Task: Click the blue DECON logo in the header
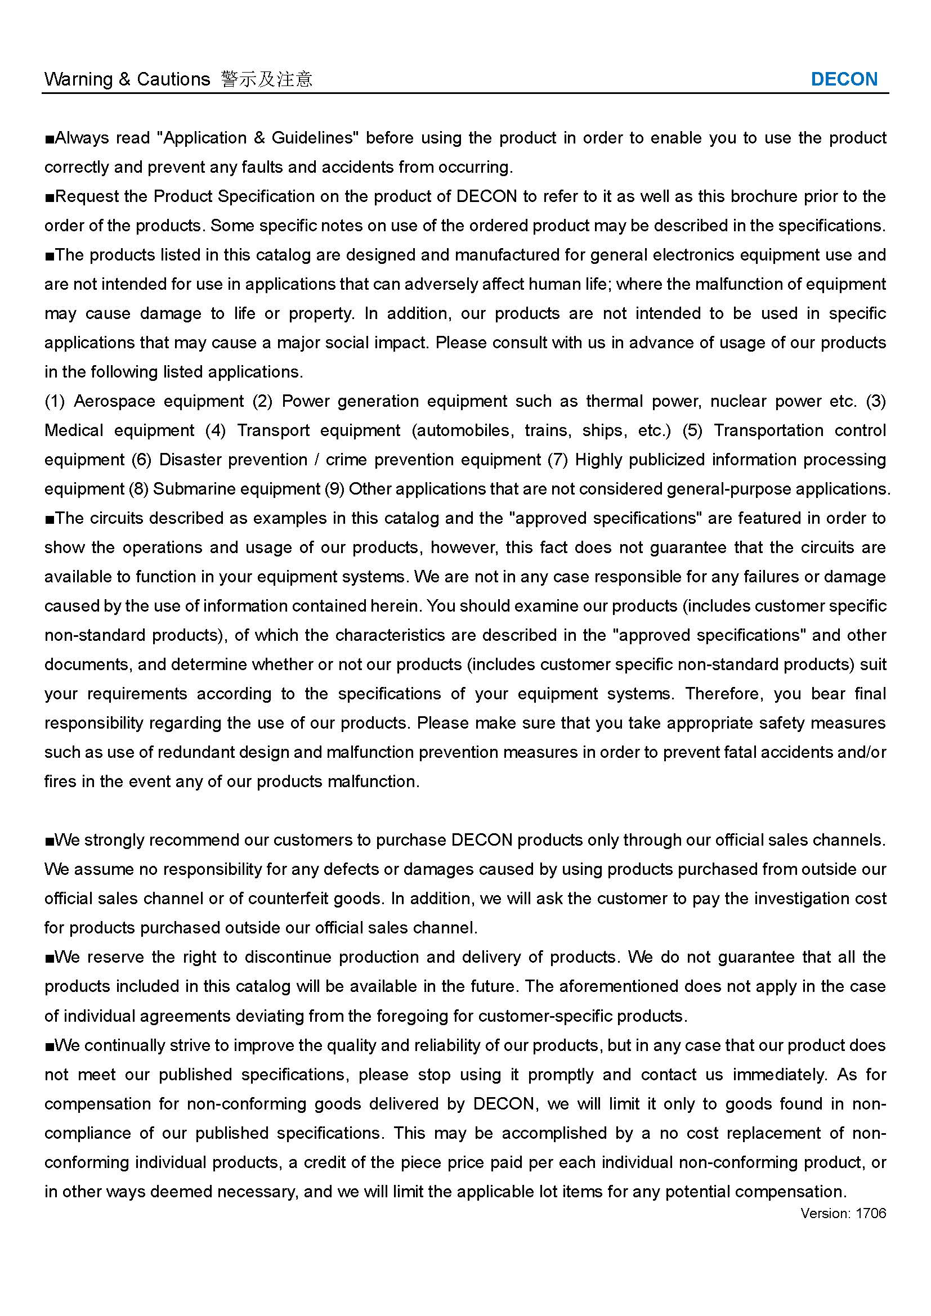coord(844,79)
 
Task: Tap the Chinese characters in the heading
coord(267,79)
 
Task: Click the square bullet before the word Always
coord(50,140)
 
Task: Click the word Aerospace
coord(114,401)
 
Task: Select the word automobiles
coord(465,430)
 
